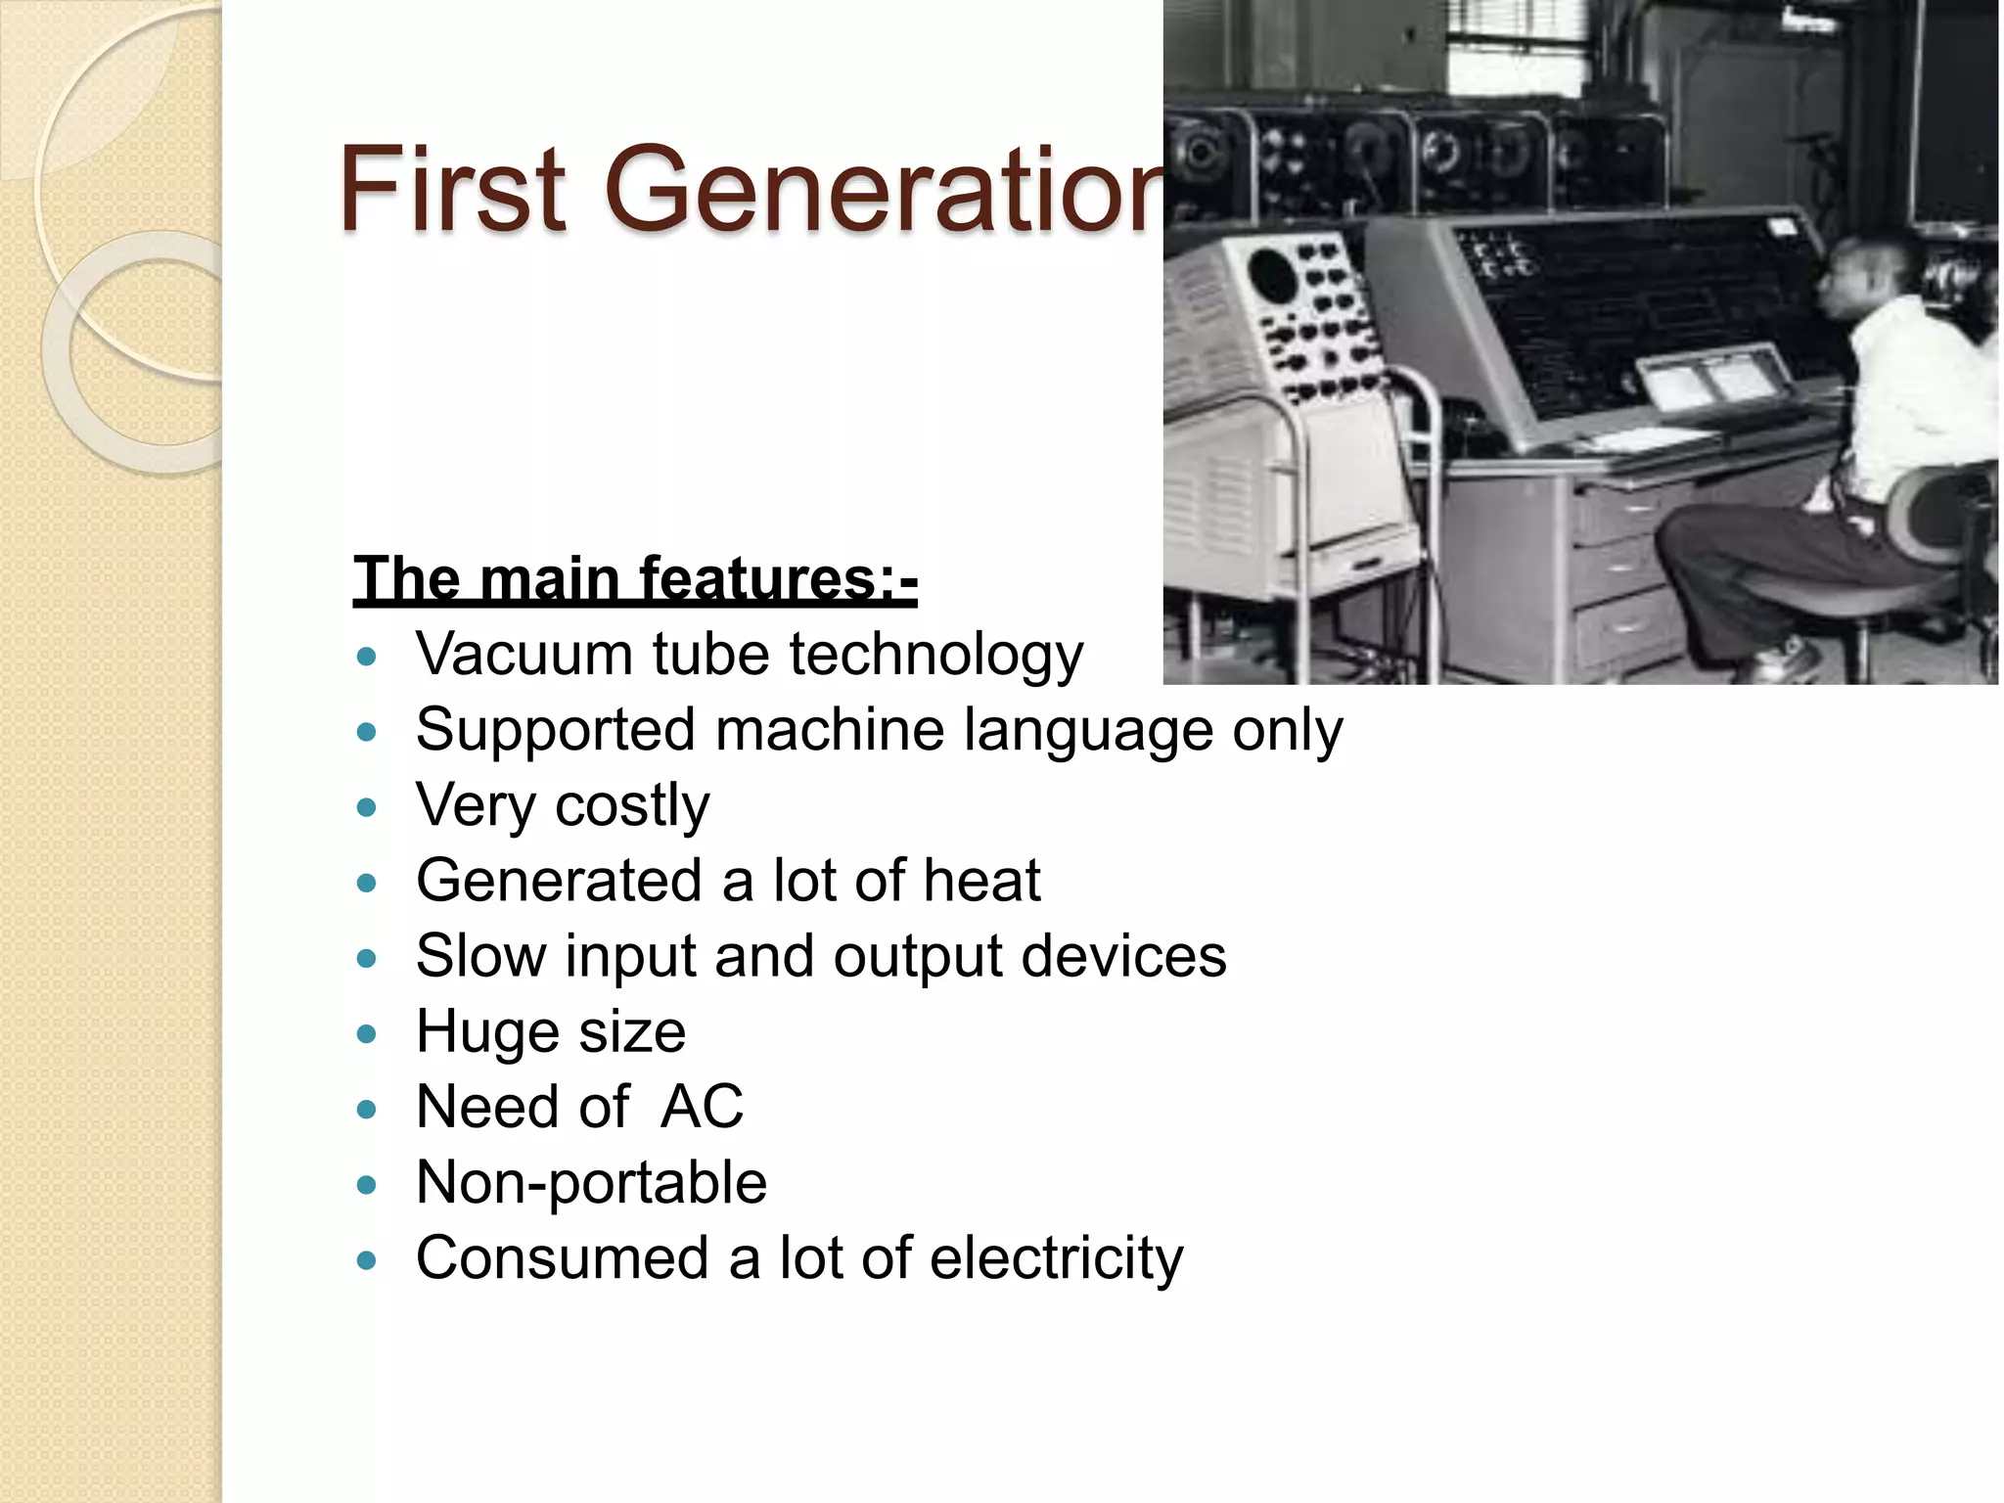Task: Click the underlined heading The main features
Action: [634, 578]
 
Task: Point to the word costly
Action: [632, 805]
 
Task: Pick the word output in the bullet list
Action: [917, 956]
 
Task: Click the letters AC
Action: [702, 1107]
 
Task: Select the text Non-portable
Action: [591, 1182]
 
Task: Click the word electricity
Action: [1056, 1257]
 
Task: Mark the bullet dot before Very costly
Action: [367, 808]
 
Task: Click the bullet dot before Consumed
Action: [367, 1260]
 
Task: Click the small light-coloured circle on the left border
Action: [132, 352]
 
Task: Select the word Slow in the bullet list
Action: [480, 956]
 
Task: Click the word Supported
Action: [556, 730]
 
